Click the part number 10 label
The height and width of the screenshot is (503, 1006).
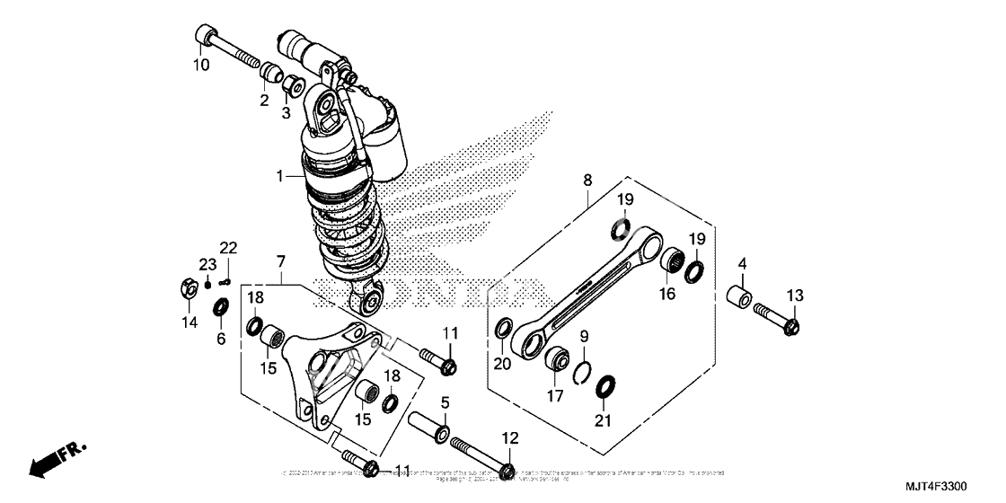200,65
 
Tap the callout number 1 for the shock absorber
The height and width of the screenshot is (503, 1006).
279,176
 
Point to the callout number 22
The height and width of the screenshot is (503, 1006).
228,248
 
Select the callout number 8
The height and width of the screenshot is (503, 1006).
587,181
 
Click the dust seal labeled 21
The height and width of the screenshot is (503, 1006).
604,388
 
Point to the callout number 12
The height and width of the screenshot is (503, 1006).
510,438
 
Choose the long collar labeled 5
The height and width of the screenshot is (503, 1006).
430,424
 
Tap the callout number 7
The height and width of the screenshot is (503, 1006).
281,261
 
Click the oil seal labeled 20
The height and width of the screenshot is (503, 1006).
504,330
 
